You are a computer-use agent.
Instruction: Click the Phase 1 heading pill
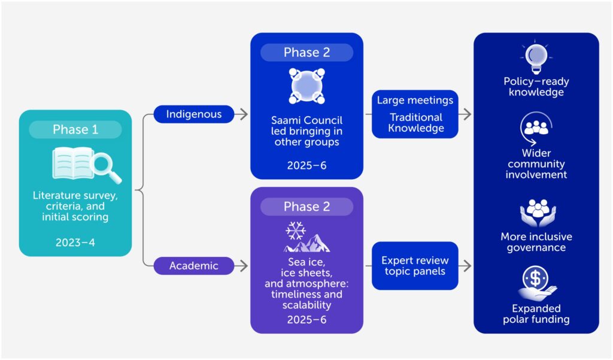click(75, 129)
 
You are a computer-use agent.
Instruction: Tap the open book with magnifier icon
click(86, 165)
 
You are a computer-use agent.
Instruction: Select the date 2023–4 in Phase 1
click(75, 243)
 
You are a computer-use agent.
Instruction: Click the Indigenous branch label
click(193, 114)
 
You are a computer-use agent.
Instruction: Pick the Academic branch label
click(193, 265)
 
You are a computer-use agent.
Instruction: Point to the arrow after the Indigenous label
click(241, 114)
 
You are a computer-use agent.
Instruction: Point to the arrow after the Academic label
click(241, 265)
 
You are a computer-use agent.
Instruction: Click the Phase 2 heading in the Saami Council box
click(306, 52)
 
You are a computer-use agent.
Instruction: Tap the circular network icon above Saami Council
click(306, 86)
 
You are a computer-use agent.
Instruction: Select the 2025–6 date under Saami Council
click(306, 165)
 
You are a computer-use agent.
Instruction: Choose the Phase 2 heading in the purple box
click(306, 207)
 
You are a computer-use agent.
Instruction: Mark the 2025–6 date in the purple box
click(306, 319)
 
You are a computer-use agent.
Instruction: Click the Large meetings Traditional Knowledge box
click(415, 114)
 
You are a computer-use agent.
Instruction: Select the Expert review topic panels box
click(415, 265)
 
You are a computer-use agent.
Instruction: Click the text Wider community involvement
click(536, 164)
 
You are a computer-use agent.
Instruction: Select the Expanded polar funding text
click(536, 314)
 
